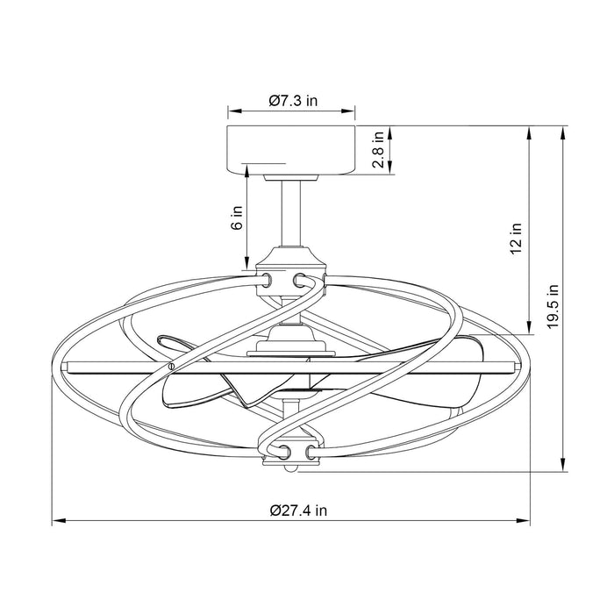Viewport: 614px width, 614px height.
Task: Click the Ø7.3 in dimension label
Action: (x=293, y=101)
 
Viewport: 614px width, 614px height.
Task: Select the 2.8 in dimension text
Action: (x=378, y=152)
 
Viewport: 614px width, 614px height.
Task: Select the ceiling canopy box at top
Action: (x=291, y=151)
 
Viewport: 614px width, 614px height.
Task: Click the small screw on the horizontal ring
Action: (x=171, y=364)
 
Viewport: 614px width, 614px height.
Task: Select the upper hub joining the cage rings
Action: (x=291, y=268)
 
